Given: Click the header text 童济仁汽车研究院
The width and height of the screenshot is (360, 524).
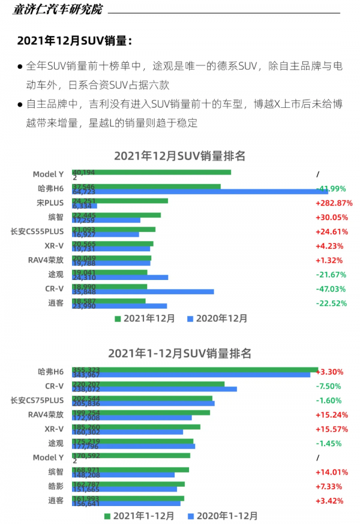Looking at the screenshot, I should (58, 9).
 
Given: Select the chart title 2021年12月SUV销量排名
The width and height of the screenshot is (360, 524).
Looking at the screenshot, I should (180, 156).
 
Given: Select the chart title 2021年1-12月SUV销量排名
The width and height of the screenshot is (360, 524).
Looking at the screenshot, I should (180, 353).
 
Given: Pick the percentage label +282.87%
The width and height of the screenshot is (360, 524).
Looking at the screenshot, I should (334, 203).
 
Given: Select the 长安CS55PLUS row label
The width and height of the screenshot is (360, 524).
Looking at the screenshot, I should (37, 231).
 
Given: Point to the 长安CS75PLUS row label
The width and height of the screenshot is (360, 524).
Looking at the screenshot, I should (37, 400).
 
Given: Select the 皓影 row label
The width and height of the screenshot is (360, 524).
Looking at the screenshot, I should (55, 486).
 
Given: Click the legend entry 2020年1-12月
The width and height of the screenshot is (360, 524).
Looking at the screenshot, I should (222, 515).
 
